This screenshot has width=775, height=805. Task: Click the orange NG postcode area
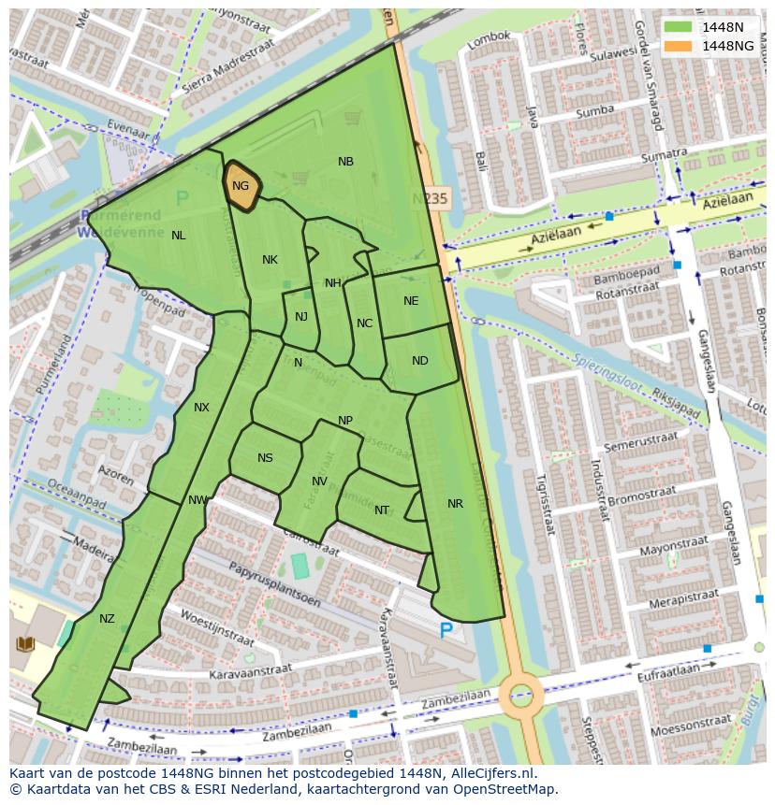click(241, 186)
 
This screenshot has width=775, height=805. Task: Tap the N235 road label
click(431, 198)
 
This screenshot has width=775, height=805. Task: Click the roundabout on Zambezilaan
click(520, 695)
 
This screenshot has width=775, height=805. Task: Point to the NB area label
click(345, 162)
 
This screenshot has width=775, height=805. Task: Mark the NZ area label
click(107, 619)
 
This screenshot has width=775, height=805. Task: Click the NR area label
click(455, 504)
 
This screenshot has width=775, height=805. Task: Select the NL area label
click(178, 236)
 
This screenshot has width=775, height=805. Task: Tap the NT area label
click(381, 510)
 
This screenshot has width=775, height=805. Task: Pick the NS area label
click(265, 458)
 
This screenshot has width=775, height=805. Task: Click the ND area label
click(419, 361)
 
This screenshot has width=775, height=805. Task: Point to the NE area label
click(411, 301)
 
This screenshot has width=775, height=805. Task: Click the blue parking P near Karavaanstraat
click(446, 632)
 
